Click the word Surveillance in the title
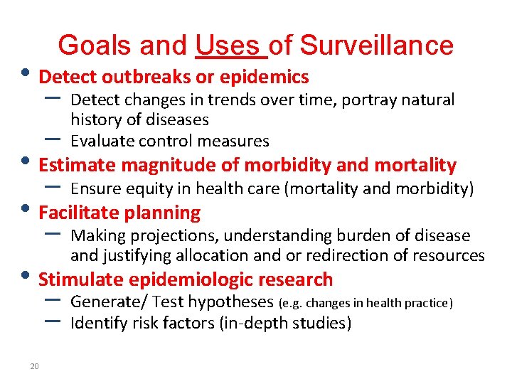click(377, 46)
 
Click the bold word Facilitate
click(80, 213)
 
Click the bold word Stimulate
click(78, 279)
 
